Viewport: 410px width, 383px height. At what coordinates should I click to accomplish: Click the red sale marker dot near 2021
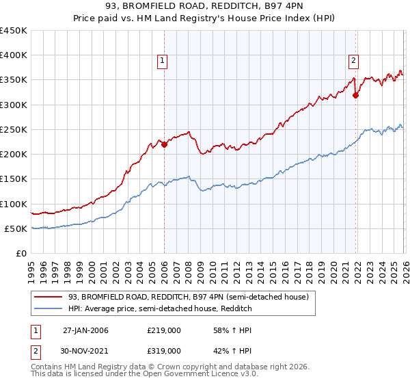355,95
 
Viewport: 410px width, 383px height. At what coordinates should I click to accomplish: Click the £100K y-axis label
14,204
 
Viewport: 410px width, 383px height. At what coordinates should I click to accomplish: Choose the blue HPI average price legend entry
160,308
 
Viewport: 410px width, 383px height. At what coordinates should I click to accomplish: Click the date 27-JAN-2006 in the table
85,330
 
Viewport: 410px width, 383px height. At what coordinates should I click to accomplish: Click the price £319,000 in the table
164,350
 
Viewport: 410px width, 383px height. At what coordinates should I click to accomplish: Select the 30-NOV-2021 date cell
85,350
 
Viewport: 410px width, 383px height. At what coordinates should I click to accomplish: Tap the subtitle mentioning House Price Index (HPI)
205,20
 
